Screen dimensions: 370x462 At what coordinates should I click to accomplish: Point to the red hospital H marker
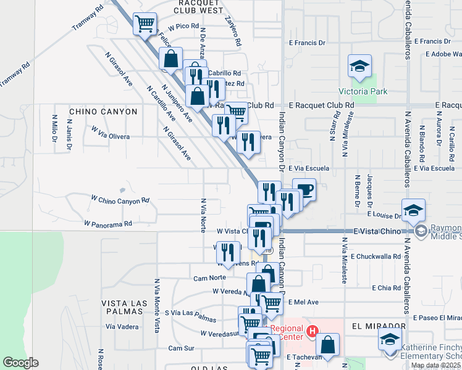313,332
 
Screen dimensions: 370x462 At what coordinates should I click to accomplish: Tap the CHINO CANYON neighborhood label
103,112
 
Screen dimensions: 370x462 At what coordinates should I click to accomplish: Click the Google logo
20,363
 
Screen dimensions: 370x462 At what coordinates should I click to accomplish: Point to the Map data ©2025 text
435,365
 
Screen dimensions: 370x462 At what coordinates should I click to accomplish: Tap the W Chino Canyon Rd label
120,200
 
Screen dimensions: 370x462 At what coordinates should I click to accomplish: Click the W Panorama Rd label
108,223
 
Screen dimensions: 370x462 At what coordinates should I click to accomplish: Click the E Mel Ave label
304,302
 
